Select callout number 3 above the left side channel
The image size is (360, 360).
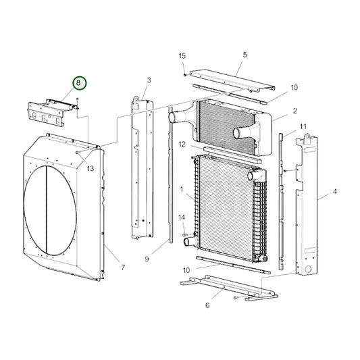coord(148,80)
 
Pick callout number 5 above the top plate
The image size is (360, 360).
coord(245,54)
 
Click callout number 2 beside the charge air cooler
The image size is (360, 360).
coord(294,110)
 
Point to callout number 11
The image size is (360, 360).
coord(303,126)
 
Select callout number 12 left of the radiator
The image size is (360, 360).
coord(182,144)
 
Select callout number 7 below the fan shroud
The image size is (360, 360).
coord(122,267)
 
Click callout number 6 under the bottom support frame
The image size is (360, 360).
coord(207,305)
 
